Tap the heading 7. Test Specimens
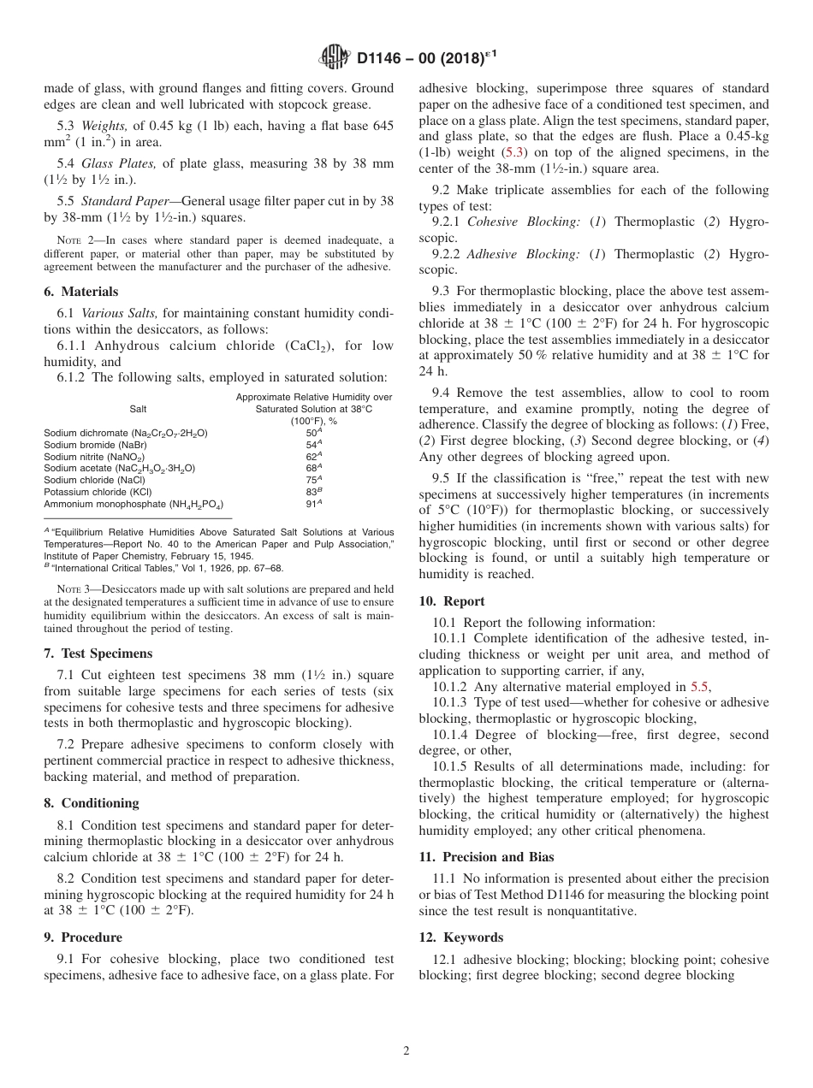tap(98, 653)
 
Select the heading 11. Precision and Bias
tap(486, 857)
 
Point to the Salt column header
tap(138, 409)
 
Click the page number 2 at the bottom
tap(406, 1051)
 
